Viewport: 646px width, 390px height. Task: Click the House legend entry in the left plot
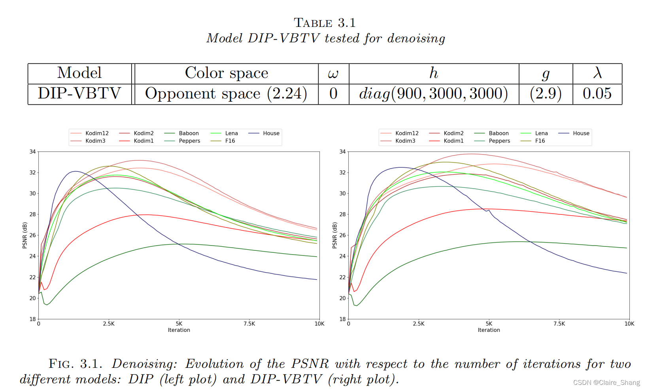tap(271, 133)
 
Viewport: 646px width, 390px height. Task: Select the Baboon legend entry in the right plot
tap(499, 133)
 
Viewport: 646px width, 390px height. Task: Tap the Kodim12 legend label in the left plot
tap(97, 133)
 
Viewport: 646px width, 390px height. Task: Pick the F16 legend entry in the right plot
tap(540, 141)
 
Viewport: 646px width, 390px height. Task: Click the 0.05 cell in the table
tap(597, 94)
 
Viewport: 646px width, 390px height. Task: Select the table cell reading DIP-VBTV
tap(79, 94)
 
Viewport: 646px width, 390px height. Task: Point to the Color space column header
tap(227, 73)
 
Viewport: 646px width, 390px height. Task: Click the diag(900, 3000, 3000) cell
tap(433, 94)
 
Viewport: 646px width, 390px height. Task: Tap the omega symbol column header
tap(333, 74)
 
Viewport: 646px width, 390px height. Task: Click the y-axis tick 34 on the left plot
tap(32, 151)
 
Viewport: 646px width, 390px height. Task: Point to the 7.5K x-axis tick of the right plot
tap(559, 324)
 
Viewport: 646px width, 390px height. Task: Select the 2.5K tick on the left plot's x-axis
tap(109, 324)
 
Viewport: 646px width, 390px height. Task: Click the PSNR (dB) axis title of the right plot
tap(334, 235)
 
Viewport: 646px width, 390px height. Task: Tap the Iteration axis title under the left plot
tap(179, 330)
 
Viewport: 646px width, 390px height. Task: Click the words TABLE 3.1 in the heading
tap(325, 23)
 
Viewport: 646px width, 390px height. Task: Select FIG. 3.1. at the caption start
tap(75, 363)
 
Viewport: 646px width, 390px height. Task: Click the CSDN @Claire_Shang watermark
tap(606, 382)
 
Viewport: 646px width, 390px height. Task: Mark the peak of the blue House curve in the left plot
tap(75, 171)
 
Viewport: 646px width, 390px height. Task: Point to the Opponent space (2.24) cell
tap(226, 94)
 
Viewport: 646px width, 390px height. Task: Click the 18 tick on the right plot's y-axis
tap(342, 319)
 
